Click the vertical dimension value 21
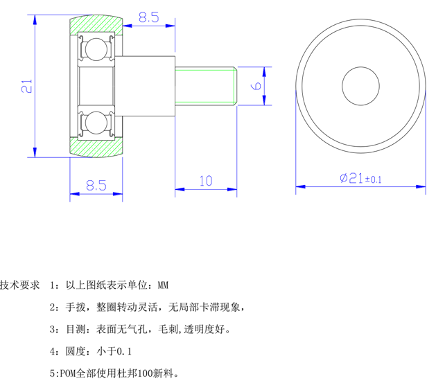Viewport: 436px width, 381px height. click(x=26, y=86)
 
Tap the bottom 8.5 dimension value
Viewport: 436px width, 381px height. click(x=96, y=185)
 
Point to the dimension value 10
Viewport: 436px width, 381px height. click(x=206, y=181)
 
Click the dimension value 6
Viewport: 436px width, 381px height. click(x=255, y=85)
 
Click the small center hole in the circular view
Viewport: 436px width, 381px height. click(x=360, y=86)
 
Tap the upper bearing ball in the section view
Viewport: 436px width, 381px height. click(x=94, y=49)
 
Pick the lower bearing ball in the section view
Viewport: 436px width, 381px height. click(x=94, y=123)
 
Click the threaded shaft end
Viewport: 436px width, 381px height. click(x=207, y=86)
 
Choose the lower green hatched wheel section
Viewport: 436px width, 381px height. click(x=97, y=146)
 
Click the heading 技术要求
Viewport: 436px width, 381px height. click(x=21, y=285)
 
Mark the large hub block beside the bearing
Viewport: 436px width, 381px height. click(x=146, y=86)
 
